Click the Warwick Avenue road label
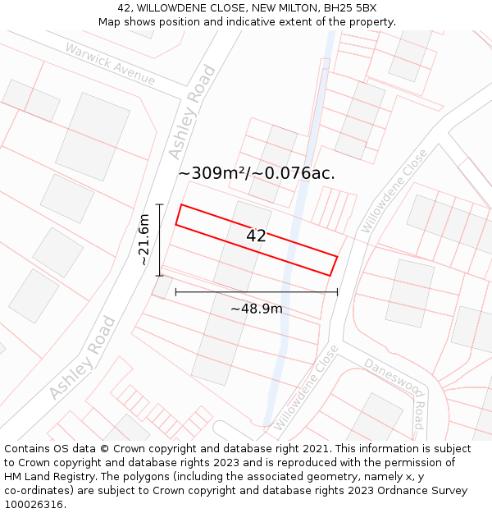click(111, 63)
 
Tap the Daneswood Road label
click(394, 392)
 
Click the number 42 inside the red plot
click(256, 236)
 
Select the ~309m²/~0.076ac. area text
click(256, 173)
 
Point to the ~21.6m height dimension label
click(143, 239)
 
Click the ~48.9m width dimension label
click(256, 309)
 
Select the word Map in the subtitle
click(110, 22)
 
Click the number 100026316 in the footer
click(35, 505)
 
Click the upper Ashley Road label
click(191, 112)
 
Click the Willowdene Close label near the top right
click(394, 190)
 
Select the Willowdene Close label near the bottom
click(306, 388)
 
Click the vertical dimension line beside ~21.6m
click(160, 240)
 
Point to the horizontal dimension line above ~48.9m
click(256, 291)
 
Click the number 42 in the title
click(124, 8)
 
